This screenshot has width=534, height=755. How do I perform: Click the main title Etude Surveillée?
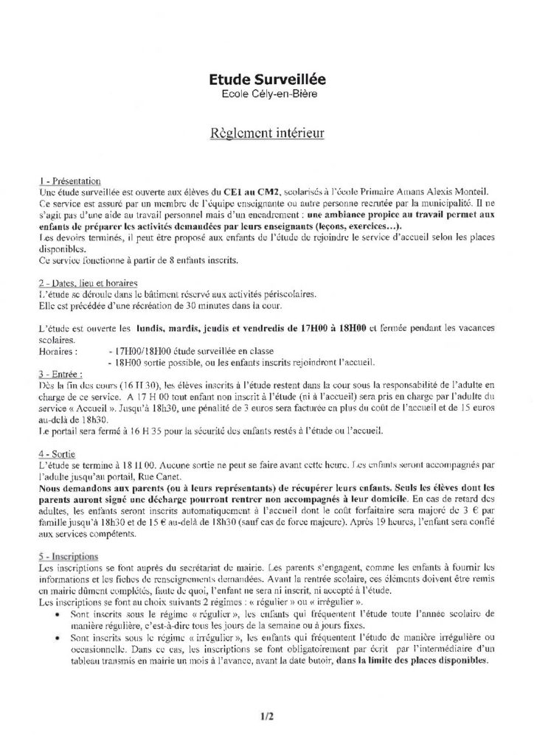click(266, 77)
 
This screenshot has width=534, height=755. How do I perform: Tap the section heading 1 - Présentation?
click(69, 181)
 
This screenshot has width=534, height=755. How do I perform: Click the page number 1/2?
click(266, 714)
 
